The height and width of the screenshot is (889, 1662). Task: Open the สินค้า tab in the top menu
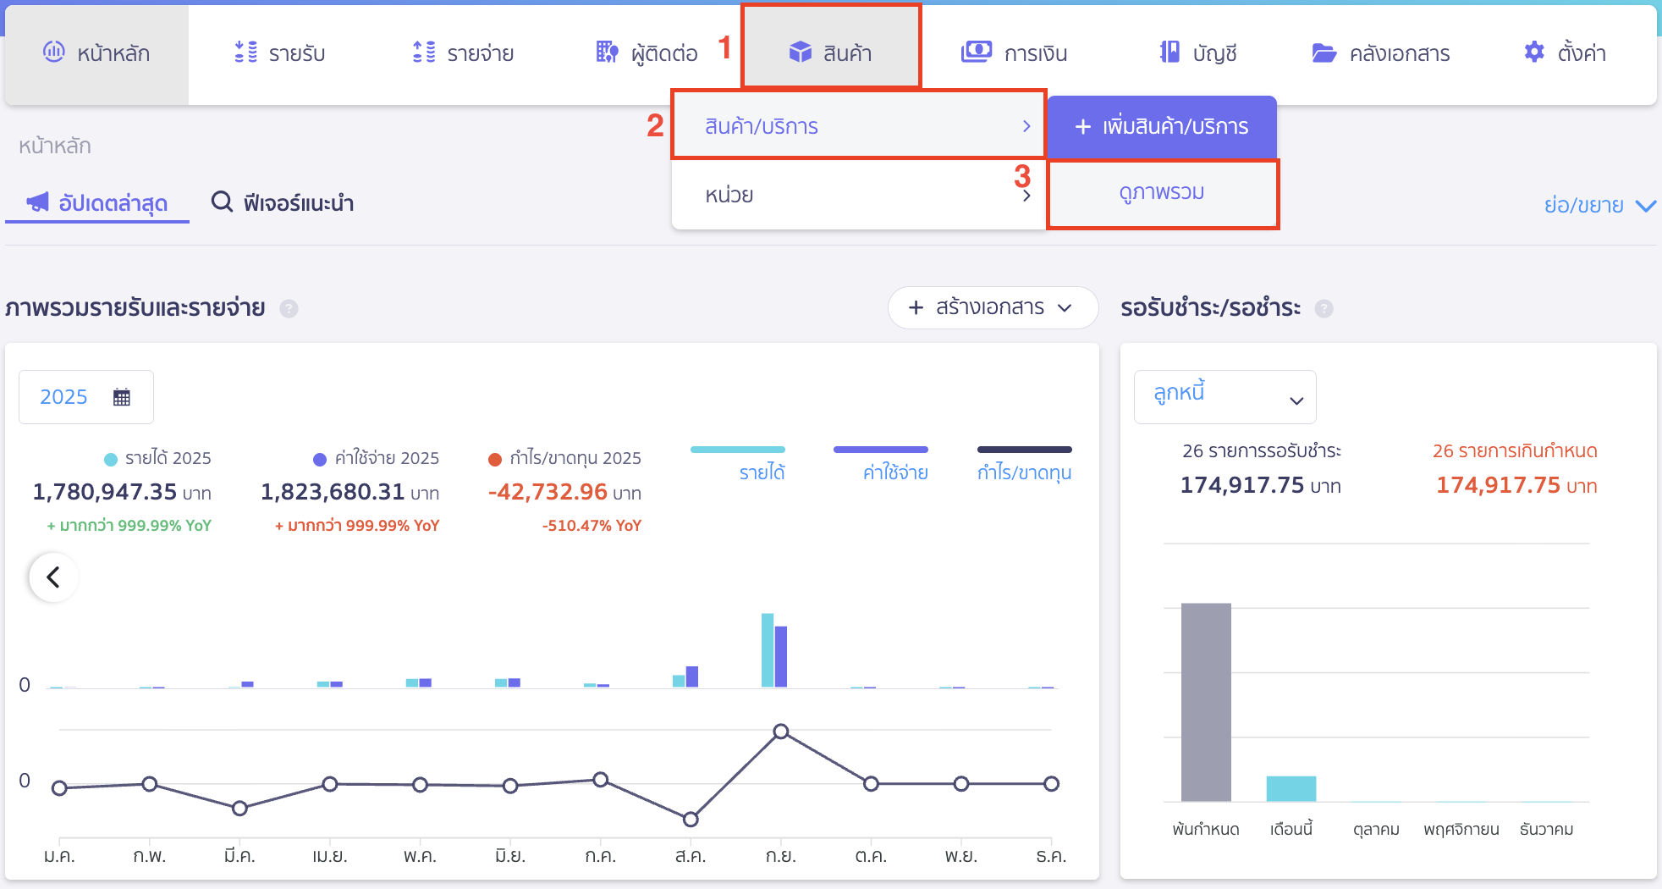[830, 52]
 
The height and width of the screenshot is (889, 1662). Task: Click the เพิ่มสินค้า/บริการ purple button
[1161, 127]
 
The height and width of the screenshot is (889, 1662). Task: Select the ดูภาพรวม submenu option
[1161, 193]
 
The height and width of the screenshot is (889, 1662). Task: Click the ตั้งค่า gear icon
[1533, 52]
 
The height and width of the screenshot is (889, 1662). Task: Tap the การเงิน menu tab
[1014, 52]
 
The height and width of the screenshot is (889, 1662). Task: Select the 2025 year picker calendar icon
[122, 397]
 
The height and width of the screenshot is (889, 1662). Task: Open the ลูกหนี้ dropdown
[1224, 396]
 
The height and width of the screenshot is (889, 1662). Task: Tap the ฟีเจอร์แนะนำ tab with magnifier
[283, 203]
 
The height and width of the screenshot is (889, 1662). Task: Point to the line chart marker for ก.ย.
[781, 732]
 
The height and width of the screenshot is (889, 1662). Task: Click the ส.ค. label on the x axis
[691, 856]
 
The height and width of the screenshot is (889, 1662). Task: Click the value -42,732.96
[548, 492]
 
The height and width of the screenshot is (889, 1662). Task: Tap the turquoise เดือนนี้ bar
[1291, 788]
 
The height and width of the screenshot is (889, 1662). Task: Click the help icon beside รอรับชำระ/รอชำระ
[1324, 309]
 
